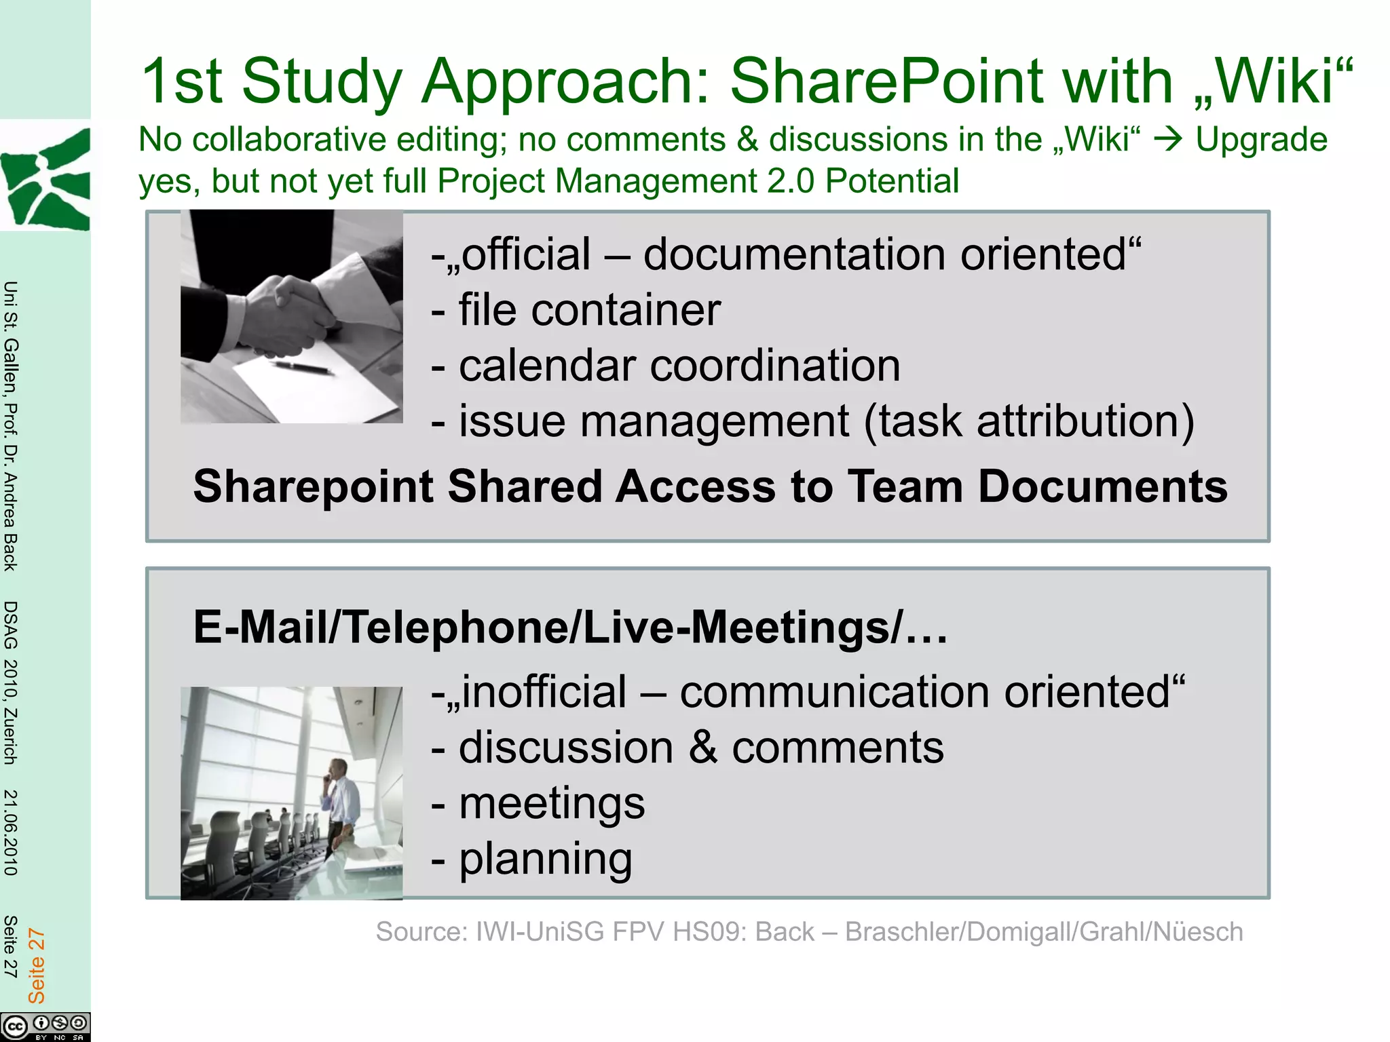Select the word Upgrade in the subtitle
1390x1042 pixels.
[x=1261, y=140]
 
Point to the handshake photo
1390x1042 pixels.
[x=291, y=316]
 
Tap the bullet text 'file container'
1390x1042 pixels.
[x=589, y=310]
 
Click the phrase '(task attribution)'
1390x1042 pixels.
[x=1028, y=421]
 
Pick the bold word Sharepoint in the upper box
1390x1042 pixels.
[x=314, y=486]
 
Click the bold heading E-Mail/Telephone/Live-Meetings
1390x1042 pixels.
[x=570, y=627]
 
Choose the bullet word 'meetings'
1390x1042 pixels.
[x=552, y=803]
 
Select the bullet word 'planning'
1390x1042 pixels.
[x=546, y=859]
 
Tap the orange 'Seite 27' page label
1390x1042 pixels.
[x=36, y=966]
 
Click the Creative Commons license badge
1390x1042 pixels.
[x=45, y=1026]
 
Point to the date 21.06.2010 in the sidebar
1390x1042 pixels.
[x=10, y=832]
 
